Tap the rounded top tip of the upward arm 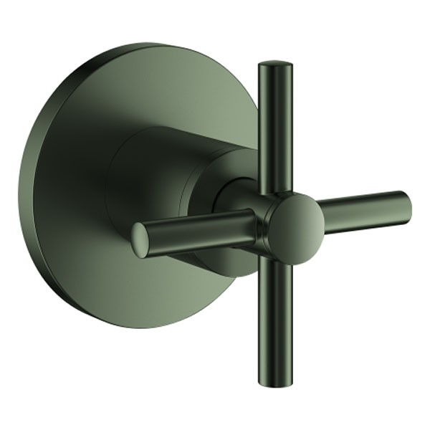point(275,67)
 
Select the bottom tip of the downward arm point(276,381)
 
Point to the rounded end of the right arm point(406,207)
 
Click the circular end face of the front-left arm point(140,240)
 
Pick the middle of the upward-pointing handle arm point(275,129)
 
